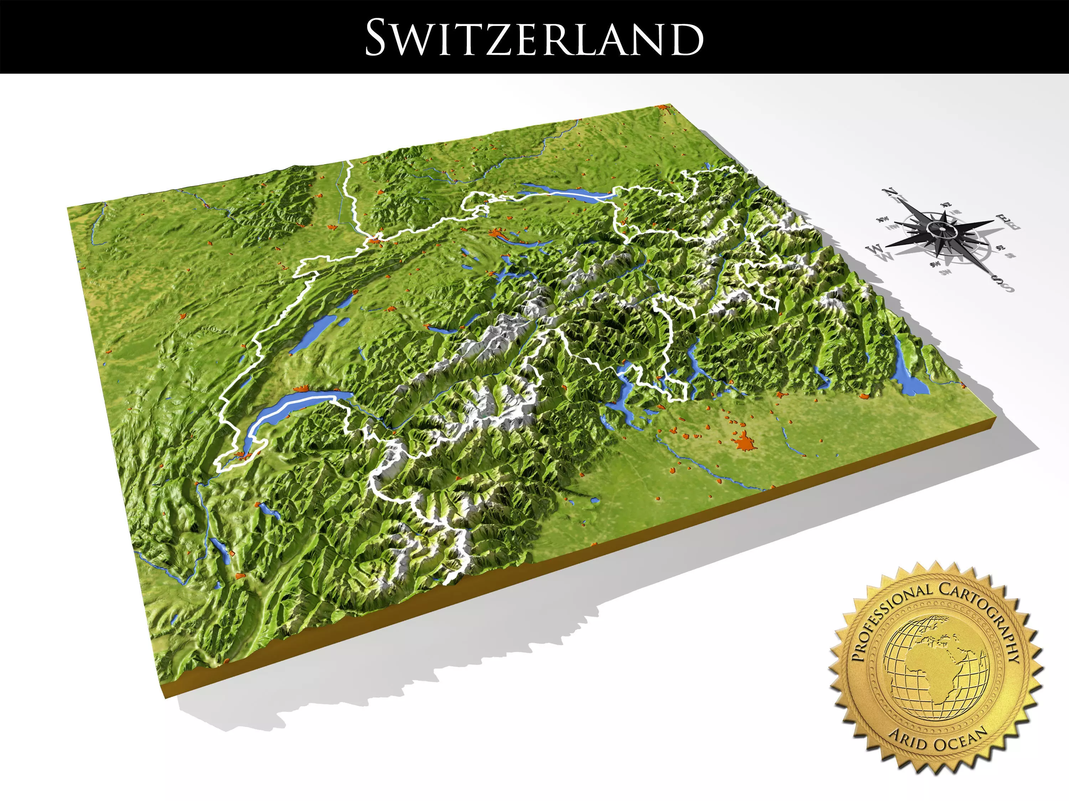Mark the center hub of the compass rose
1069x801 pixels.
[943, 229]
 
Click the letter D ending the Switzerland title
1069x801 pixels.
[686, 38]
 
